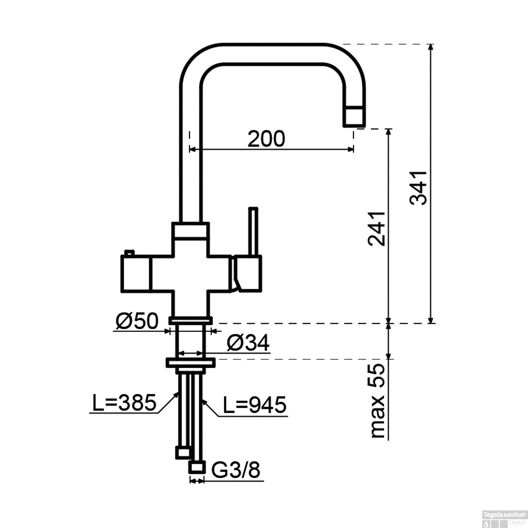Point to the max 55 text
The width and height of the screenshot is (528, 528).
[378, 401]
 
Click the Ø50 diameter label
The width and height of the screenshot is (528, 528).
[137, 321]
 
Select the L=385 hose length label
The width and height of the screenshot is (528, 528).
[124, 403]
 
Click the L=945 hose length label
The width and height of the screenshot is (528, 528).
[255, 405]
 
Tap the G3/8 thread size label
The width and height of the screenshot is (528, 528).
[236, 470]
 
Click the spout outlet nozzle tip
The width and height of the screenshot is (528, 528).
[354, 116]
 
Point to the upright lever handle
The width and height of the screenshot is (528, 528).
[253, 231]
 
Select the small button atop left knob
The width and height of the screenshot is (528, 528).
[129, 252]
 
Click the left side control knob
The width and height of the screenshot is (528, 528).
[136, 274]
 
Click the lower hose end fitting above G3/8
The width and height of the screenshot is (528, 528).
[197, 467]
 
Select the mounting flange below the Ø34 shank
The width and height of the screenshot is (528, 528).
[190, 362]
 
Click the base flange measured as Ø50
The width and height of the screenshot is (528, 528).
[190, 320]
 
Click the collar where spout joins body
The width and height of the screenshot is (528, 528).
[190, 231]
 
